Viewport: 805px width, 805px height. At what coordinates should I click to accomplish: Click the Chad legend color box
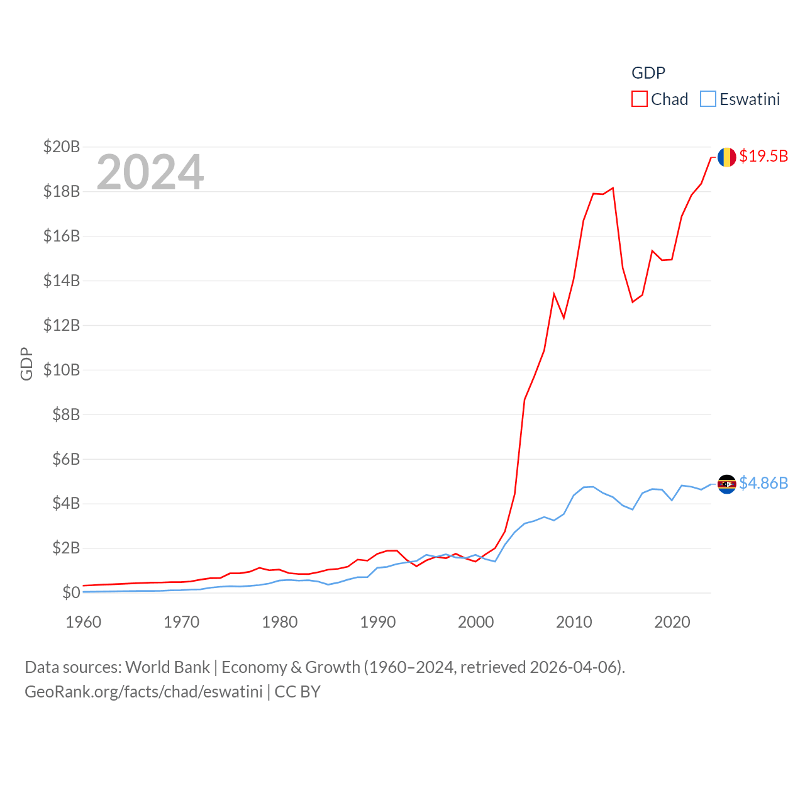coord(640,99)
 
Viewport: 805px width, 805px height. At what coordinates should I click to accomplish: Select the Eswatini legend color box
coord(708,99)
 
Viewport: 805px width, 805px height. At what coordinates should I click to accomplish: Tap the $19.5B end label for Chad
coord(763,156)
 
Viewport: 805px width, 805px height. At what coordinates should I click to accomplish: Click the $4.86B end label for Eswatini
coord(763,483)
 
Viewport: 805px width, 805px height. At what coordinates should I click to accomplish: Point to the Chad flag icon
coord(727,157)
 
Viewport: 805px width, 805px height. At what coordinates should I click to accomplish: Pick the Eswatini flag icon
coord(727,484)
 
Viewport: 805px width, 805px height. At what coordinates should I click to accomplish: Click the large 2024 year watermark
coord(150,172)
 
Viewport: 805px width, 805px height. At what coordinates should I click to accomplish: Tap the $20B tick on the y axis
coord(62,147)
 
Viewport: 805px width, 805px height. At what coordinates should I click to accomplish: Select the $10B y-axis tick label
coord(62,370)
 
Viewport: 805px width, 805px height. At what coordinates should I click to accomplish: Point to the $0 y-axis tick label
coord(71,592)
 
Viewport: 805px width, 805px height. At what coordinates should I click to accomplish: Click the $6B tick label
coord(66,459)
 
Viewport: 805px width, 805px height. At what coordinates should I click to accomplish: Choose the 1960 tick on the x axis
coord(84,622)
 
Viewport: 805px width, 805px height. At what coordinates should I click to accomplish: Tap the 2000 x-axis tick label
coord(476,622)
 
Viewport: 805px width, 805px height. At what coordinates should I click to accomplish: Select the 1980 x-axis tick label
coord(280,622)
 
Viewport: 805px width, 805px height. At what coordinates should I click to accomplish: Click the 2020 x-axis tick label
coord(672,622)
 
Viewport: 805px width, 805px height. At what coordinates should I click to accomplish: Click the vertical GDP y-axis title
coord(26,364)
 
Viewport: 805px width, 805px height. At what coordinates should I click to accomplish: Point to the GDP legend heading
coord(648,73)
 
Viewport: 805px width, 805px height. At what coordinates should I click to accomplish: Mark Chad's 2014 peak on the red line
coord(613,188)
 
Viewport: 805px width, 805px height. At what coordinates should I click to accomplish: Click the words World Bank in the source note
coord(168,667)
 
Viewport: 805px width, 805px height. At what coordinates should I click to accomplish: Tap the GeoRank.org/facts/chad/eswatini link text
coord(143,692)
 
